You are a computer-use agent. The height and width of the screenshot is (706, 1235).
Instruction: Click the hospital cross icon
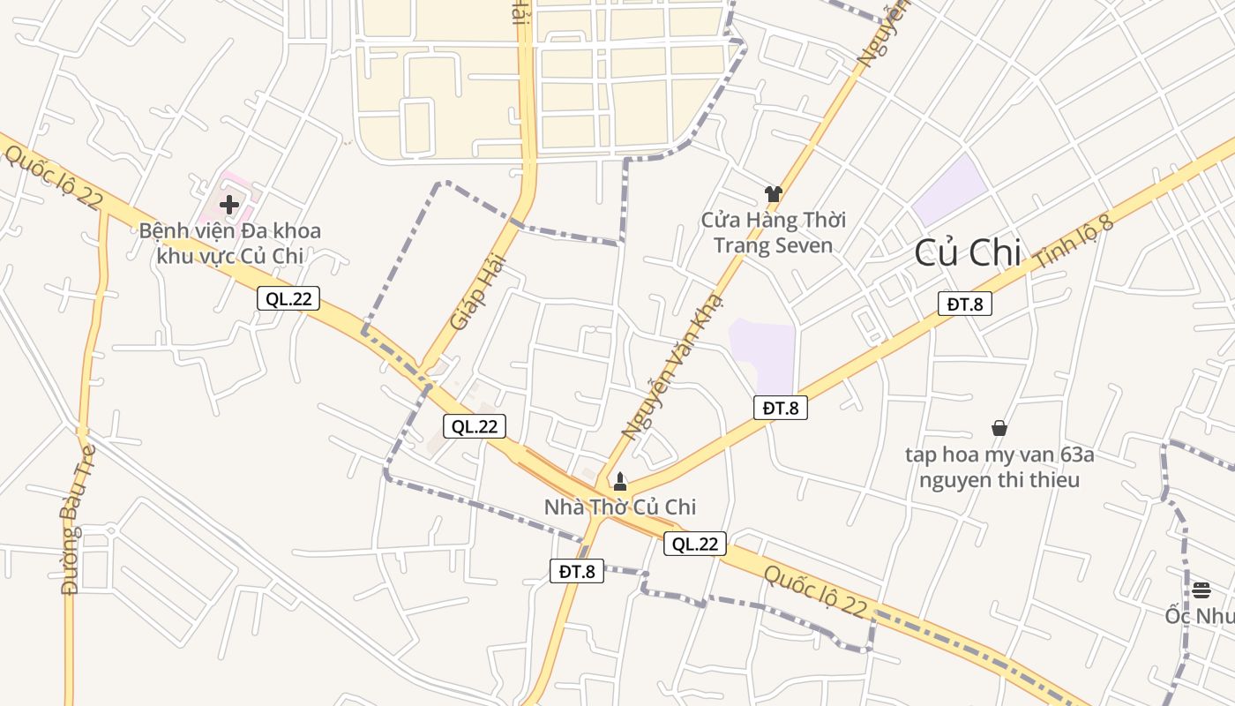click(229, 205)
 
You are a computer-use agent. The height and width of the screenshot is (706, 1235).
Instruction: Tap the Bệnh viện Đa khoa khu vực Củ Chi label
click(229, 244)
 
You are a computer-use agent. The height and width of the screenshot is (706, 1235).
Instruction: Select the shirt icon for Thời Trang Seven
click(774, 194)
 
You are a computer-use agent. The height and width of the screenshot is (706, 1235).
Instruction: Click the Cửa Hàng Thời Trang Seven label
click(774, 232)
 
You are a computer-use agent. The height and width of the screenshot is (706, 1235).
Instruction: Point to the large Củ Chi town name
click(968, 253)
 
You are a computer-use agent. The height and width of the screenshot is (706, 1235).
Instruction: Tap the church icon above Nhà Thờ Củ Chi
click(619, 481)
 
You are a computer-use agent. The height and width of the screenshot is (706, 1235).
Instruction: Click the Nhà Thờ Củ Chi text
click(619, 507)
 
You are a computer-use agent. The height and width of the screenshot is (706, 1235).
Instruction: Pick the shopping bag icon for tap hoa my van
click(999, 428)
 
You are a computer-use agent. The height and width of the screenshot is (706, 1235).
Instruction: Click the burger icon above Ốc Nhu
click(1201, 590)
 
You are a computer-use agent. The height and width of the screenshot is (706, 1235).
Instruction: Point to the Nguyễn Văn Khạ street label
click(672, 366)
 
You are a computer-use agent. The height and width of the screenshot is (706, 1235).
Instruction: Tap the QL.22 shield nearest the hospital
click(288, 298)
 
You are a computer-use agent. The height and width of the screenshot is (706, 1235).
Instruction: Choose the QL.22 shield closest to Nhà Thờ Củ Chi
click(695, 544)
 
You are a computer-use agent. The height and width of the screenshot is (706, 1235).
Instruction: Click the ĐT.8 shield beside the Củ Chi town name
click(964, 304)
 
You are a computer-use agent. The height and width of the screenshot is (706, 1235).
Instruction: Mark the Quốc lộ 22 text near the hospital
click(53, 176)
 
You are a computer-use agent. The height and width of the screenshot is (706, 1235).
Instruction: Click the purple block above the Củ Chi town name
click(950, 189)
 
